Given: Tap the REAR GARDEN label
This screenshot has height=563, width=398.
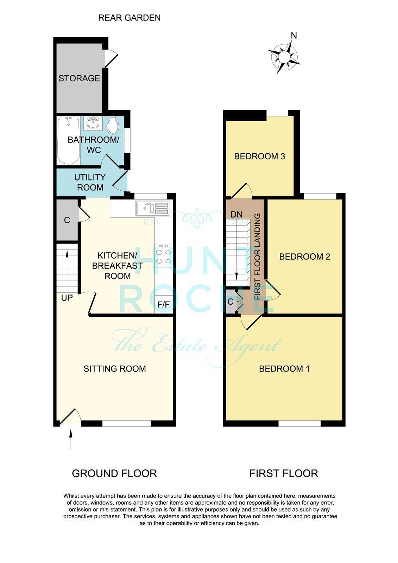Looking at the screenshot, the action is tap(129, 18).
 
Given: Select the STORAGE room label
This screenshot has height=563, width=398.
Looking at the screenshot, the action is tap(79, 78).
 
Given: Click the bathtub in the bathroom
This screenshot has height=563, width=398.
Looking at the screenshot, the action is tap(68, 140).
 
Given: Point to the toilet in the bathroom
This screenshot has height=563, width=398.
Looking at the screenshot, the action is tap(113, 125).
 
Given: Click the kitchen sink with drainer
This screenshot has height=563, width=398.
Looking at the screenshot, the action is tap(152, 208).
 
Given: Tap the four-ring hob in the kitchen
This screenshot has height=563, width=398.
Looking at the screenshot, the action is tap(164, 256).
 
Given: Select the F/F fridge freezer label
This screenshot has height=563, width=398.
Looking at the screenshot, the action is tap(163, 305).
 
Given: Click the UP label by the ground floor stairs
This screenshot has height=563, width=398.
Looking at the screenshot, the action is tap(67, 298).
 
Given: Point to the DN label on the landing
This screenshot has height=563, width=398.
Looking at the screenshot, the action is tap(236, 214).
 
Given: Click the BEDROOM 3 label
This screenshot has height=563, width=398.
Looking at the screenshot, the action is tap(259, 156).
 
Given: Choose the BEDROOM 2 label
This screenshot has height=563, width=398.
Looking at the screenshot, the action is tap(304, 257).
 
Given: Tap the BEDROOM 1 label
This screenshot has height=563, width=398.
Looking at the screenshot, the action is tap(284, 369).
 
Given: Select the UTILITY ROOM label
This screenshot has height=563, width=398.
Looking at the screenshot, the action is tap(90, 183).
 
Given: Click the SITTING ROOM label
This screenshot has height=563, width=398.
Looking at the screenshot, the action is tap(115, 369).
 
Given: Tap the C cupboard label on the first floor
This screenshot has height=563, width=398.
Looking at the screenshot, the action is tap(230, 302).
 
